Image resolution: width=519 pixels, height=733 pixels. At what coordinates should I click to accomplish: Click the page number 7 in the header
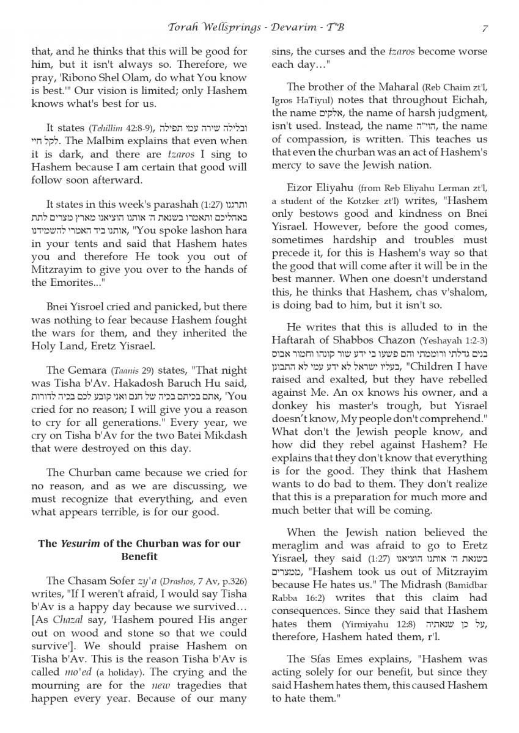click(x=484, y=28)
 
